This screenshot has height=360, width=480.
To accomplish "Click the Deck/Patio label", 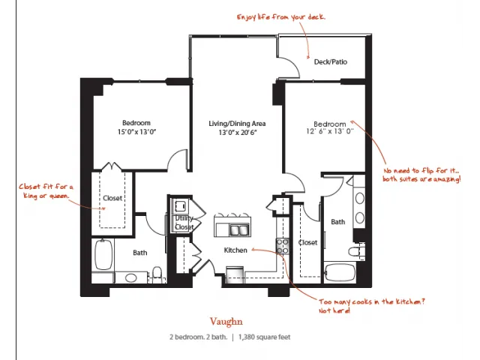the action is [x=331, y=61].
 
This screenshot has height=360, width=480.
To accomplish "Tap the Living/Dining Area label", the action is [x=237, y=124].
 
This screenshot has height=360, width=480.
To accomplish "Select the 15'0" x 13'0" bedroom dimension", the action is [x=136, y=132].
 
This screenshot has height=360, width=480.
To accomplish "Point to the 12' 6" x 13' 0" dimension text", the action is [x=330, y=131].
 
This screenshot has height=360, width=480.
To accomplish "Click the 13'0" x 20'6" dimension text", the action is [x=238, y=133].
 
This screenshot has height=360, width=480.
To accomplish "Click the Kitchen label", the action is [x=235, y=250].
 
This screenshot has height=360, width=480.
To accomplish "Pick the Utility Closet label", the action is [x=184, y=223].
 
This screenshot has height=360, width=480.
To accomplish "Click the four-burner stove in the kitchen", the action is [x=283, y=247].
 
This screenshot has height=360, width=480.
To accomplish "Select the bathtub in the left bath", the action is [x=103, y=255].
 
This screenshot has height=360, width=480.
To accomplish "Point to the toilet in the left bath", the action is [x=157, y=273].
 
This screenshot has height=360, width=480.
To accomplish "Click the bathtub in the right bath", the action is [x=340, y=272].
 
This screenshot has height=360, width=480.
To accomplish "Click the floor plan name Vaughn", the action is [x=226, y=322].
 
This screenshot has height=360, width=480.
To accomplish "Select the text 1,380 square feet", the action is [x=265, y=337].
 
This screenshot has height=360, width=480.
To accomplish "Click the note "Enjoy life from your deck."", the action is [x=281, y=16].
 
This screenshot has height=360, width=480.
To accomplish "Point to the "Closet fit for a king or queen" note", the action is [x=46, y=191].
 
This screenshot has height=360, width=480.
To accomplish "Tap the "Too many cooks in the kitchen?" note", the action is [x=372, y=306].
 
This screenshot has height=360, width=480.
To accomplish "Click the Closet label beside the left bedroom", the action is [x=112, y=198].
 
